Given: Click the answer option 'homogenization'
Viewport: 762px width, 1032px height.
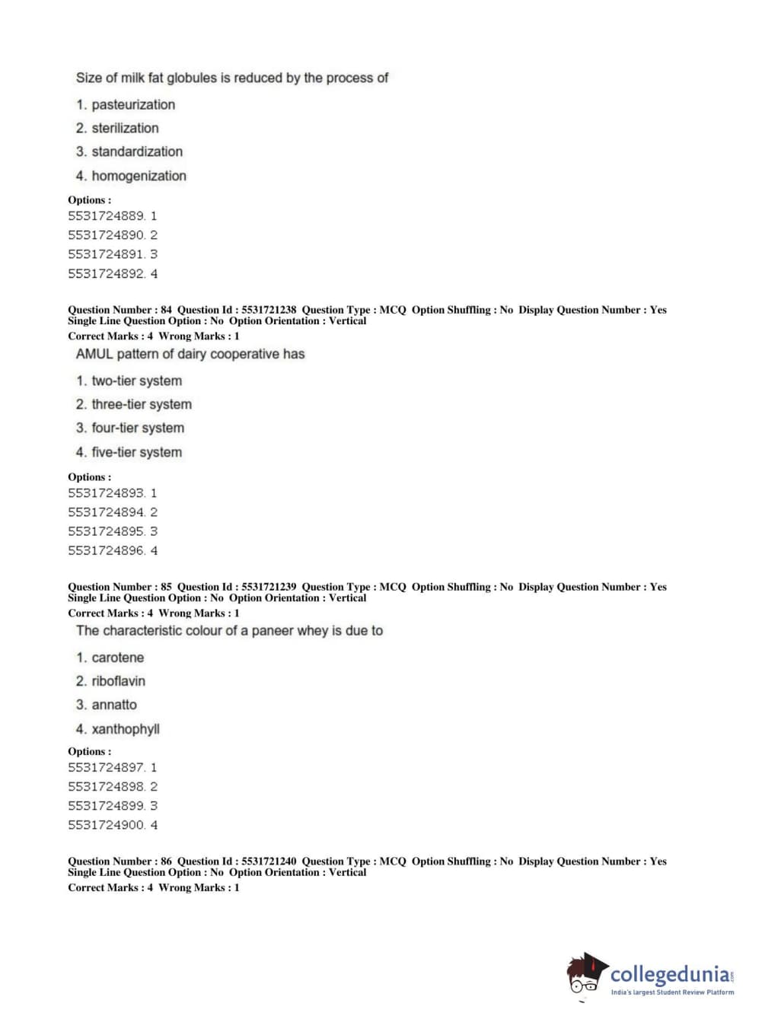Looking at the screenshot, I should coord(139,176).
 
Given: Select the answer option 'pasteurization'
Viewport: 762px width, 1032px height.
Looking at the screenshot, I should coord(133,105).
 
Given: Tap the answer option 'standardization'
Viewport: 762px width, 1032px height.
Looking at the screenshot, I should coord(137,152).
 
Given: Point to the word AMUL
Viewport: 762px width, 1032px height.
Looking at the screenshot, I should coord(94,354).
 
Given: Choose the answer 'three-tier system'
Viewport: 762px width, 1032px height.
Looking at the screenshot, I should coord(142,405).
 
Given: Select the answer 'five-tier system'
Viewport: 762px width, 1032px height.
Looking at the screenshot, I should coord(137,453).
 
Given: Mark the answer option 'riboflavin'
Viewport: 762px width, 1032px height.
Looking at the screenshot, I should coord(118,681).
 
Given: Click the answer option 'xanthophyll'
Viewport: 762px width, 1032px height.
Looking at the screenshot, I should coord(126,729).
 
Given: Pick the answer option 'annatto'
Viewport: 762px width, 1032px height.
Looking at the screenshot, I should coord(114,705).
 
